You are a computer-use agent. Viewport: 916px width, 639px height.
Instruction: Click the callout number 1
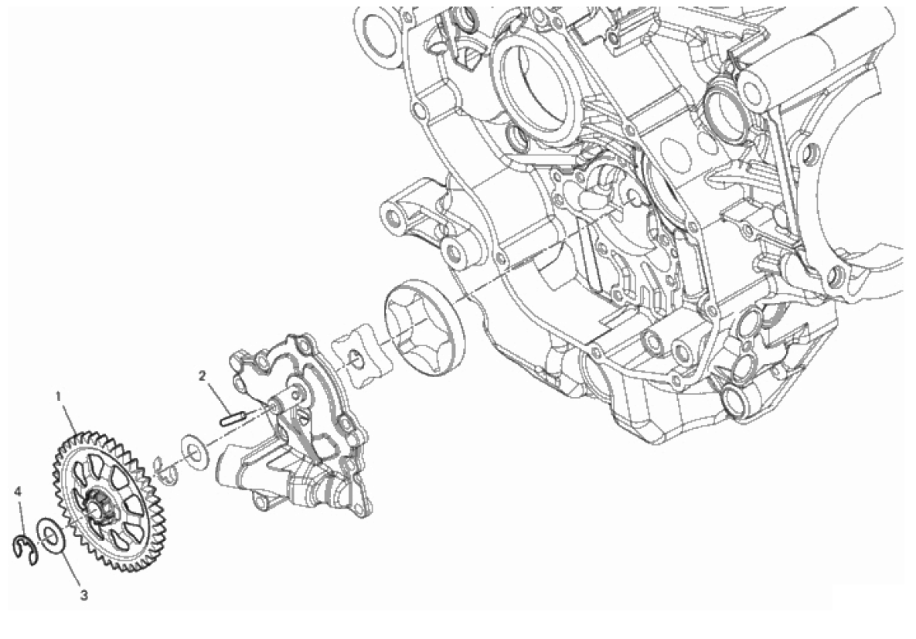tap(59, 396)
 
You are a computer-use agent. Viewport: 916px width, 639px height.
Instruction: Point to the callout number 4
tap(19, 492)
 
